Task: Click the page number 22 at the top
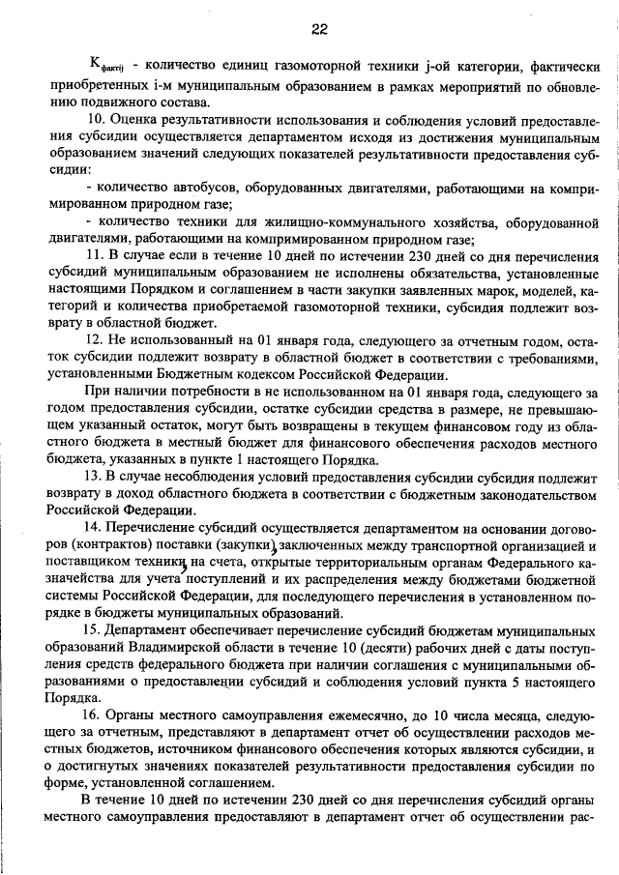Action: [x=319, y=28]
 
